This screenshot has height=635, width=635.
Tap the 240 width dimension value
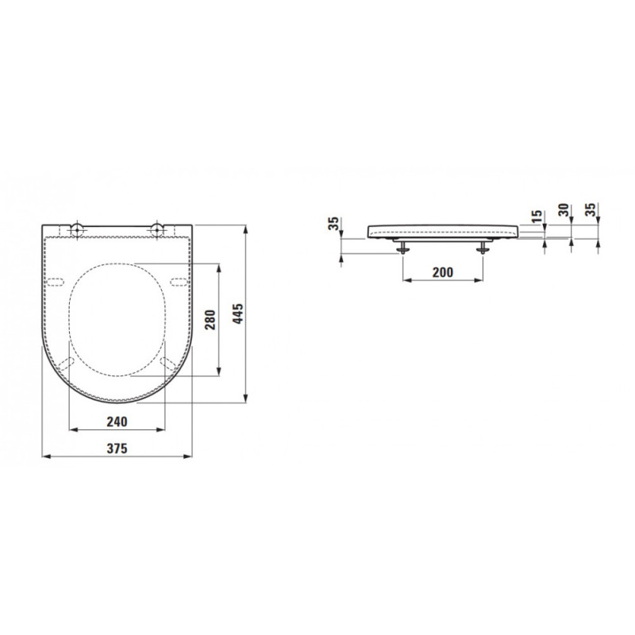[117, 421]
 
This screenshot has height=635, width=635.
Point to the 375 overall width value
[117, 448]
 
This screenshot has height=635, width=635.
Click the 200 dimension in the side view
[443, 272]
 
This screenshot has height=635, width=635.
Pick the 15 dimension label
[537, 215]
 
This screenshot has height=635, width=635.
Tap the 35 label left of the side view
[333, 224]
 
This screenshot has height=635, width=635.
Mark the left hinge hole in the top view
[78, 230]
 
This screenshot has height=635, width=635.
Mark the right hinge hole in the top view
[158, 230]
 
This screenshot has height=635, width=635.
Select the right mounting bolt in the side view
[483, 248]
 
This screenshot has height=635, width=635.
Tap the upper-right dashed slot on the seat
[178, 281]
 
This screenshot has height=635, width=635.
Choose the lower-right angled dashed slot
[168, 364]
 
